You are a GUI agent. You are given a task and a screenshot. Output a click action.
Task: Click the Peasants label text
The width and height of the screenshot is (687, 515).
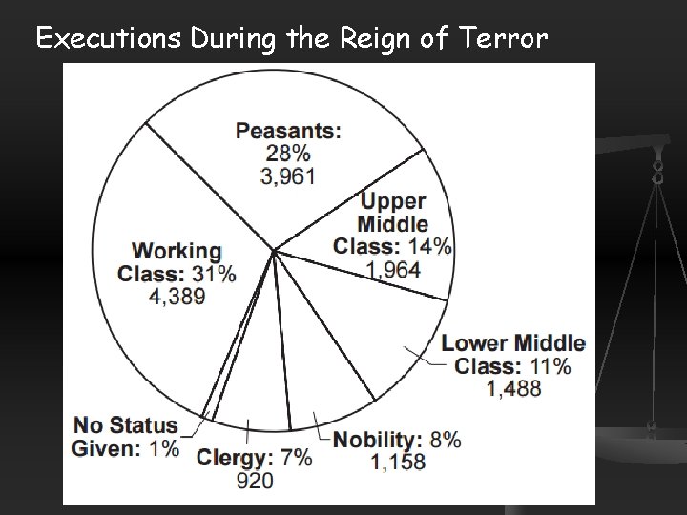pos(288,130)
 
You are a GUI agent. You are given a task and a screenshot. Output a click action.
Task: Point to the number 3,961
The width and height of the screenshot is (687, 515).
pos(288,175)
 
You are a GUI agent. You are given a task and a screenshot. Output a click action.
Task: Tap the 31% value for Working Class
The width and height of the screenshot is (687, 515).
pos(213,273)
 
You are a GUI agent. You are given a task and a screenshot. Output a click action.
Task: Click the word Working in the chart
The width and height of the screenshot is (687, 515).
pos(177,251)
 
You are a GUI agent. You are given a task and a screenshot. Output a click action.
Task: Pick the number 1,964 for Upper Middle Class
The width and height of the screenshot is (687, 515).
pos(392,270)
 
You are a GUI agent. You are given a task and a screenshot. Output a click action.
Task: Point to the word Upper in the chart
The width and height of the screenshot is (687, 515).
pos(393,201)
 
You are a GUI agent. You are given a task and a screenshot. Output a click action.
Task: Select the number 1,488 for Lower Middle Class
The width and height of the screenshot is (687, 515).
pos(514,388)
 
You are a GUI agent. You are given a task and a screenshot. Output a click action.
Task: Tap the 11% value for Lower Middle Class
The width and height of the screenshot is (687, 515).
pos(551,365)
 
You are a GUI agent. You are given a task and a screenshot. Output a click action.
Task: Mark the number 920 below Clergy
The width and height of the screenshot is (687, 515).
pos(254,480)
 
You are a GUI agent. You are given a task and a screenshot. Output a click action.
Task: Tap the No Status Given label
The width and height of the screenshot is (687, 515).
pos(126,436)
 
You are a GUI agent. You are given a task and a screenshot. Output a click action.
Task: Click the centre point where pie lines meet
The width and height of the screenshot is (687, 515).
pos(275,251)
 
